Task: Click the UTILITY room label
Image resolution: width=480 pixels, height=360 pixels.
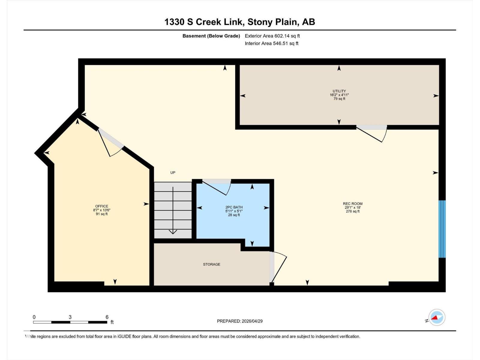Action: (339, 91)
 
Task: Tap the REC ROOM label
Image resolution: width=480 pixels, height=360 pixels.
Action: (352, 204)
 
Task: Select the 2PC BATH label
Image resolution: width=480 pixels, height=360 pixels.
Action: (234, 207)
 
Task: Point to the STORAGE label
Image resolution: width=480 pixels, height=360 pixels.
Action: (211, 264)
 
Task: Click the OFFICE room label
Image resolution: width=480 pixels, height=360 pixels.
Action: (102, 206)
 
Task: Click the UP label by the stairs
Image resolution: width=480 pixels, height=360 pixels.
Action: (173, 172)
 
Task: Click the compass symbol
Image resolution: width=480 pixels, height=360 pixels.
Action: (437, 317)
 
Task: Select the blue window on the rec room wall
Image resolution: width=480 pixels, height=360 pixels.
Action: (442, 229)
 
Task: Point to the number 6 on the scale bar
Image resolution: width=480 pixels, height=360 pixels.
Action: (107, 317)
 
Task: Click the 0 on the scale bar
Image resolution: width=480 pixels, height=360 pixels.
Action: (34, 317)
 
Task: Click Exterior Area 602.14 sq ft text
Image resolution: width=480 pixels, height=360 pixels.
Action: (272, 36)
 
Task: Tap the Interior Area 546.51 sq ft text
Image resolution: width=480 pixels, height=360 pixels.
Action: (271, 43)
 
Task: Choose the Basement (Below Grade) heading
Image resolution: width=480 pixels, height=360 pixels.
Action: (211, 36)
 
